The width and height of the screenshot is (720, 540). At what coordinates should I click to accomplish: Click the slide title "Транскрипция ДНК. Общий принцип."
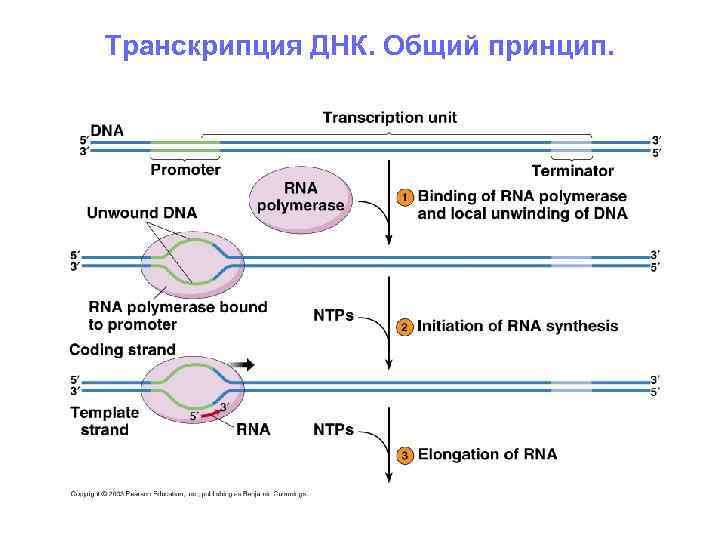(360, 47)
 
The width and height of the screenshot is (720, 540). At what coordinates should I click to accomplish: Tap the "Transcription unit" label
(389, 118)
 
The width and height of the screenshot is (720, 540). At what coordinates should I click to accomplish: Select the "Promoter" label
(185, 170)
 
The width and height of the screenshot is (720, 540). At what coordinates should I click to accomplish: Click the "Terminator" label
(572, 171)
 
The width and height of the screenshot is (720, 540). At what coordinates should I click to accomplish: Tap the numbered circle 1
(405, 198)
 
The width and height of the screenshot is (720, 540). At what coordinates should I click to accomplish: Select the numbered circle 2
(405, 327)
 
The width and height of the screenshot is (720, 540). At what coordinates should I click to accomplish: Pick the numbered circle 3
(405, 456)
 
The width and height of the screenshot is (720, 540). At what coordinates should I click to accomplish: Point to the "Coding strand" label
(122, 350)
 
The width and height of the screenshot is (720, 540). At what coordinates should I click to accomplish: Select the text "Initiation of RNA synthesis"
(517, 326)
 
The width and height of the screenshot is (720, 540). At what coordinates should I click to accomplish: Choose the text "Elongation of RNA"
(487, 454)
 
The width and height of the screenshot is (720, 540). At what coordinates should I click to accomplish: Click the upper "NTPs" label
(333, 315)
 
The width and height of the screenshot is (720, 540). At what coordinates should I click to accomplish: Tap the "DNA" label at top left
(107, 128)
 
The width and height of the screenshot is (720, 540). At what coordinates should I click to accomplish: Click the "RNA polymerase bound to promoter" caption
(177, 316)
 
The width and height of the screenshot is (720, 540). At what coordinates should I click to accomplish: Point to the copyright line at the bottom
(188, 493)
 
